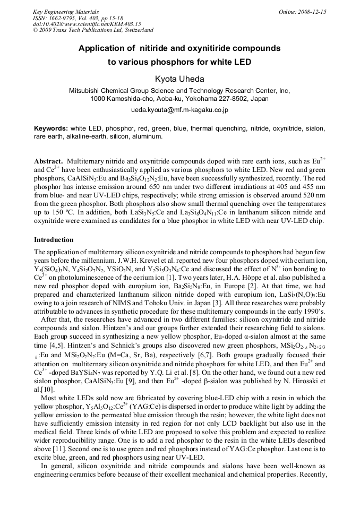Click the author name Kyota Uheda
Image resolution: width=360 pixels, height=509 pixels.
click(x=179, y=79)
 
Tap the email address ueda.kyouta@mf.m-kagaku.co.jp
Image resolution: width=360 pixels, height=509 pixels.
click(x=179, y=110)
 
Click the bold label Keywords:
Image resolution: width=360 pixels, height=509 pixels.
click(x=51, y=128)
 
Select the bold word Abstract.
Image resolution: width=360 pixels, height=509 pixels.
click(x=48, y=161)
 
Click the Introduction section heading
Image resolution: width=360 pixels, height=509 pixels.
click(x=54, y=240)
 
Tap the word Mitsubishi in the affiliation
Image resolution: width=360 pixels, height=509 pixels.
click(x=87, y=91)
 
